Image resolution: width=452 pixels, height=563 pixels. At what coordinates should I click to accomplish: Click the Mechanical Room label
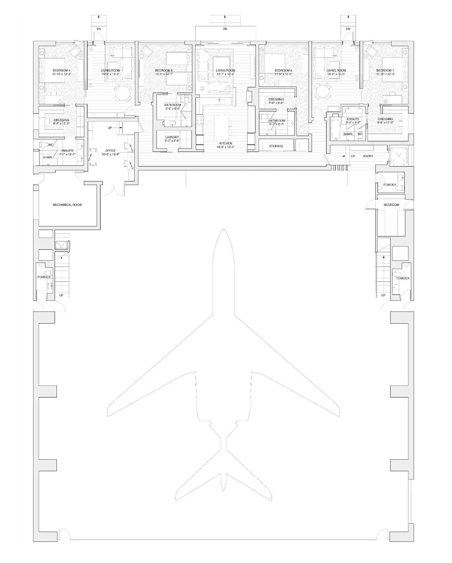[x=67, y=205]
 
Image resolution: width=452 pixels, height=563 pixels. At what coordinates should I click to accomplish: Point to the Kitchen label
[x=225, y=144]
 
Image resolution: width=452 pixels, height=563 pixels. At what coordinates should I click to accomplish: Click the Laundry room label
[x=172, y=137]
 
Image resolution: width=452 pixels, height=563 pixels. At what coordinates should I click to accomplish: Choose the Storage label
[x=276, y=146]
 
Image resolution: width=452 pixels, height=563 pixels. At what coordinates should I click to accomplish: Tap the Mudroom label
[x=391, y=205]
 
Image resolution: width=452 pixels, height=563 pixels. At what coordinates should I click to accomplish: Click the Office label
[x=110, y=151]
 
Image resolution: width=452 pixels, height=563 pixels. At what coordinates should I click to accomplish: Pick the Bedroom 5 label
[x=164, y=71]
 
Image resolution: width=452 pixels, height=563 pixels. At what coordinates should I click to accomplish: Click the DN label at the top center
[x=225, y=29]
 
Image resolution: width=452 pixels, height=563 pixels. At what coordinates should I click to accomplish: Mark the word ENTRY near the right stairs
[x=368, y=156]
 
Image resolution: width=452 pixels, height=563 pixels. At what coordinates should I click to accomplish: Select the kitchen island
[x=223, y=127]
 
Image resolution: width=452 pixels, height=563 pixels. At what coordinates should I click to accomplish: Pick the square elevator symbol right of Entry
[x=398, y=156]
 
